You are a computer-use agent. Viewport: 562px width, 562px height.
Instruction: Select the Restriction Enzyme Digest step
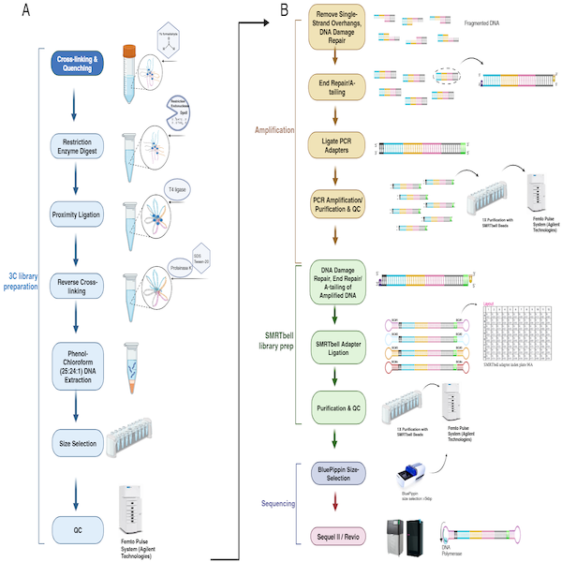point(81,147)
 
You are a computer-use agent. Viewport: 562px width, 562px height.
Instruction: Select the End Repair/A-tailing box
point(336,86)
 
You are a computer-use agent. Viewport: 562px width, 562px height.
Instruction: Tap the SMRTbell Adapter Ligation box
point(336,348)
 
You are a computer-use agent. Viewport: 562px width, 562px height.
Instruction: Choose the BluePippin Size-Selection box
point(336,474)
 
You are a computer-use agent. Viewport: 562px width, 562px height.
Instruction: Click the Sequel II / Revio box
point(336,535)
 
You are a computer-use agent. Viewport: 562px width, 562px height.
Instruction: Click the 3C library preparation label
point(22,255)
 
